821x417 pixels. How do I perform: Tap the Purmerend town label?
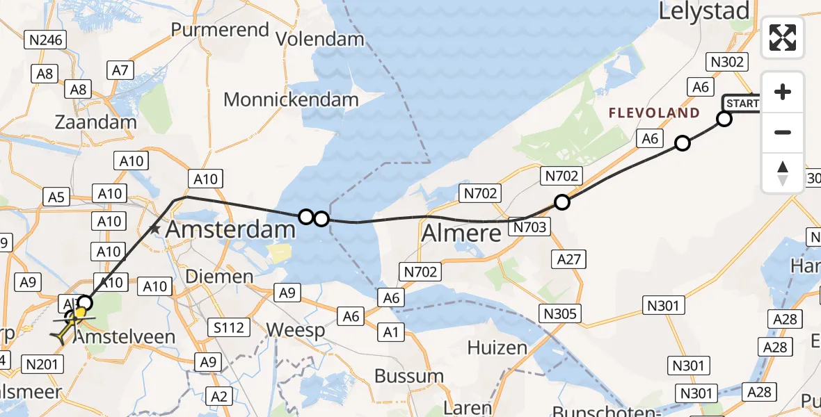point(220,30)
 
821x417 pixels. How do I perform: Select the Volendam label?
point(320,38)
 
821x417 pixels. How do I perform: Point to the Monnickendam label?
point(291,99)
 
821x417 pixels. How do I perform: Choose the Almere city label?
point(461,234)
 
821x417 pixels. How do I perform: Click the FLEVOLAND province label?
point(654,113)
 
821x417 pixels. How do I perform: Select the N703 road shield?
point(530,227)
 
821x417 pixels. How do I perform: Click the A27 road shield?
point(569,259)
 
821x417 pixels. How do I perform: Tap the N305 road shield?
point(560,313)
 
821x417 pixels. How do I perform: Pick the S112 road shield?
point(229,325)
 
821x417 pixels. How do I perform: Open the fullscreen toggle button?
point(783,38)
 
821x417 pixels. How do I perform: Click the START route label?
point(742,104)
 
